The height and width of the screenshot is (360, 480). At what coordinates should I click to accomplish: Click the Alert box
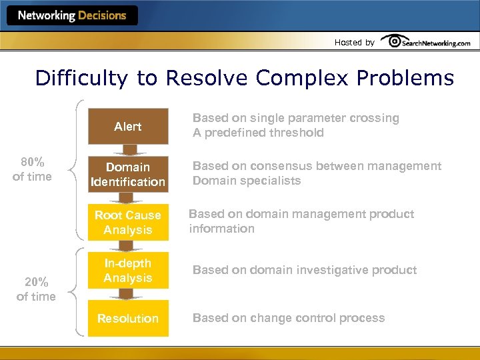[128, 126]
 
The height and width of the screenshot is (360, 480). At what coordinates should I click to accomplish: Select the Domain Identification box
[128, 174]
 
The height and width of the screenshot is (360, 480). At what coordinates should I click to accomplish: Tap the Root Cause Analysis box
[128, 223]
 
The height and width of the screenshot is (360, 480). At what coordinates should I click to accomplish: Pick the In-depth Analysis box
[128, 271]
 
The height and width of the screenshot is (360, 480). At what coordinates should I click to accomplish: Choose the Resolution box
[128, 318]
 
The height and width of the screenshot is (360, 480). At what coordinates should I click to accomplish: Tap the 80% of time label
[33, 169]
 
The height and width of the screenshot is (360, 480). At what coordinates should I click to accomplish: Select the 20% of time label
[36, 289]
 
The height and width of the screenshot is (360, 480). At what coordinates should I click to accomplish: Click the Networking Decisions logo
[72, 15]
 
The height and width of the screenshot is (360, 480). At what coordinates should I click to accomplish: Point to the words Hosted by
[354, 43]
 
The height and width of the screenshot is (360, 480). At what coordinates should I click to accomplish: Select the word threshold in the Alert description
[297, 133]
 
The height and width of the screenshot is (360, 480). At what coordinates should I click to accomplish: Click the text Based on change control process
[289, 318]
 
